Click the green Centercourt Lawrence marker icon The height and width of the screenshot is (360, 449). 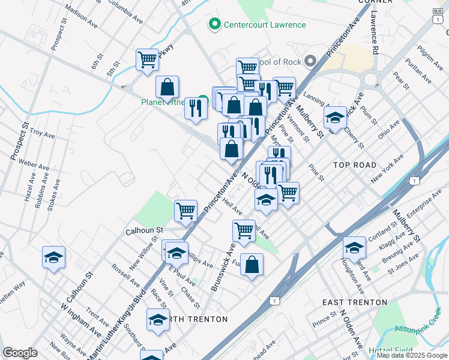212,25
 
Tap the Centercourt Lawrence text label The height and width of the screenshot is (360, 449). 265,25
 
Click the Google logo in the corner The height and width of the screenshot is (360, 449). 20,353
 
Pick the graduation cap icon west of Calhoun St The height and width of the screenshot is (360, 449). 54,257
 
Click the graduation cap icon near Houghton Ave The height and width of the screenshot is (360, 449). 354,247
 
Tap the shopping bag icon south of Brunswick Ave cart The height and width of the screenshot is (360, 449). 252,265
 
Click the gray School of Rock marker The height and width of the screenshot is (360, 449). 310,61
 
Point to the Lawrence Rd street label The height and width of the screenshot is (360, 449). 375,34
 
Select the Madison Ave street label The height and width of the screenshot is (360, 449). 80,19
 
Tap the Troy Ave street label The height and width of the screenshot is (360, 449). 42,135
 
